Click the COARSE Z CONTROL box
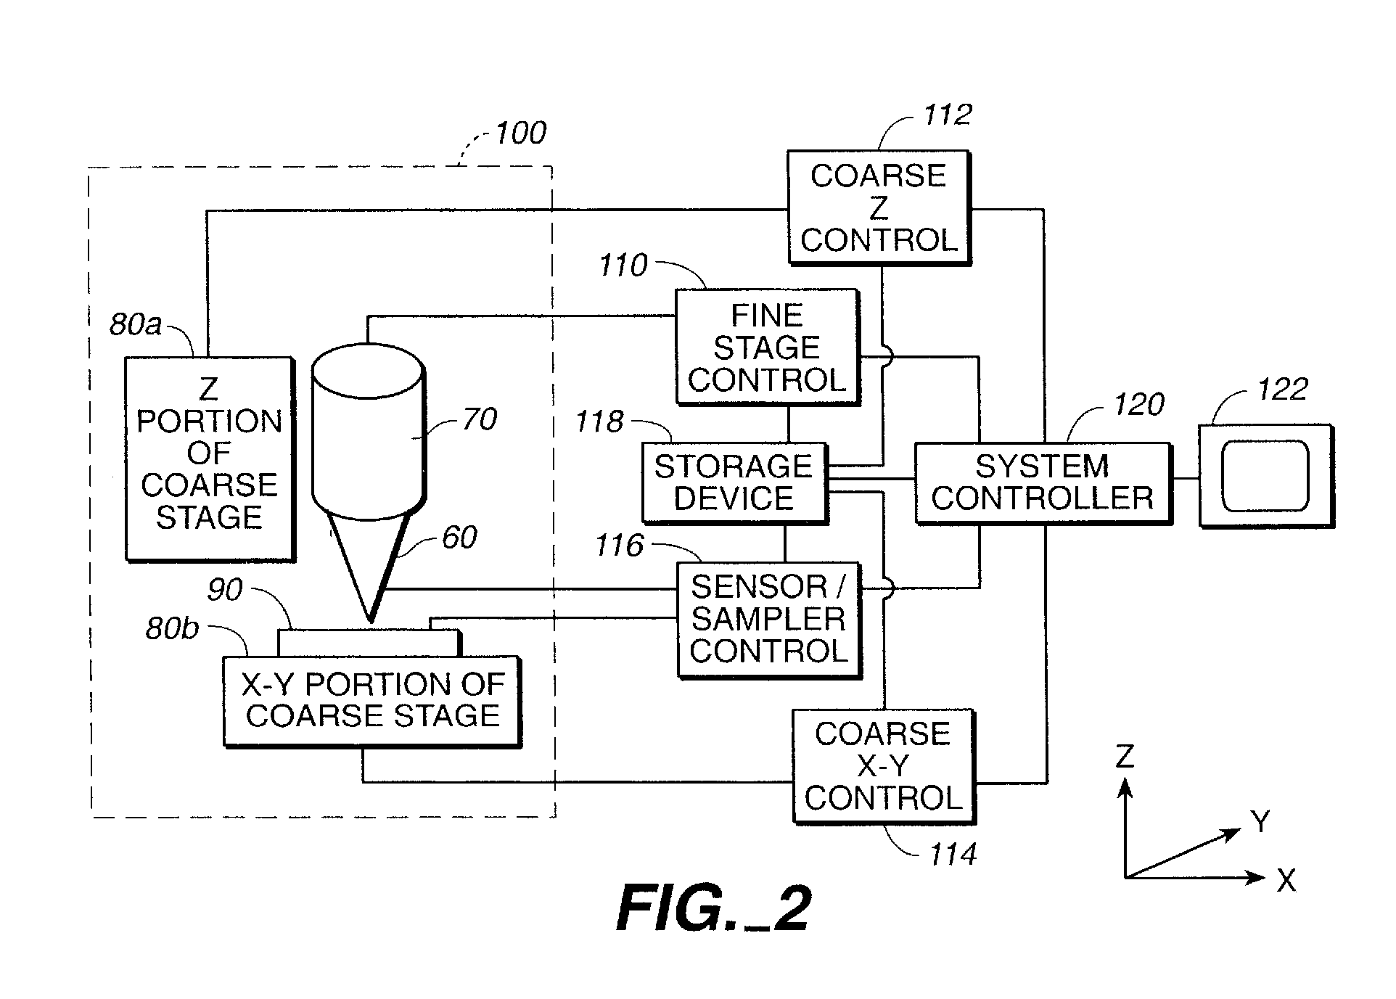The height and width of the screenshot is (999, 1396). pyautogui.click(x=878, y=207)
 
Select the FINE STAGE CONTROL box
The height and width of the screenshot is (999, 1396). pyautogui.click(x=767, y=347)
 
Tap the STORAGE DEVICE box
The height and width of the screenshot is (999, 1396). pyautogui.click(x=734, y=482)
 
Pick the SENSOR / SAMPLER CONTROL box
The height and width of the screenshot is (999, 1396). pyautogui.click(x=768, y=619)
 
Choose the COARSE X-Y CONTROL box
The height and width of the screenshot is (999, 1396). pyautogui.click(x=883, y=766)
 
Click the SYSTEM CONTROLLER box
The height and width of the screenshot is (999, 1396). pyautogui.click(x=1042, y=482)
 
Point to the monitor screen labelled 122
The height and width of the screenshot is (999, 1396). pyautogui.click(x=1265, y=476)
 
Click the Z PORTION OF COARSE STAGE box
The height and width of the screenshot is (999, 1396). pyautogui.click(x=209, y=458)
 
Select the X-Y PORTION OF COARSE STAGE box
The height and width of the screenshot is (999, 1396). pyautogui.click(x=371, y=701)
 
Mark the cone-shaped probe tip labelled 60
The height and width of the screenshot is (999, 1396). pyautogui.click(x=370, y=562)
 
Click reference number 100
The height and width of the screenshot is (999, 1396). pyautogui.click(x=520, y=133)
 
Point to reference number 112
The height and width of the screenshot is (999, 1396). pyautogui.click(x=947, y=115)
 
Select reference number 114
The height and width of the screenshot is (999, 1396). pyautogui.click(x=953, y=855)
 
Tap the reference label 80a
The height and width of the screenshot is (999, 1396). pyautogui.click(x=135, y=324)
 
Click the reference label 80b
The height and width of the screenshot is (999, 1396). pyautogui.click(x=171, y=628)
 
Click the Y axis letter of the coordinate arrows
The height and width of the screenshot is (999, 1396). pyautogui.click(x=1260, y=822)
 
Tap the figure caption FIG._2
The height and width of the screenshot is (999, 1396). pyautogui.click(x=713, y=909)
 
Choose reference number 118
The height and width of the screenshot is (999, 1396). pyautogui.click(x=599, y=422)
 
